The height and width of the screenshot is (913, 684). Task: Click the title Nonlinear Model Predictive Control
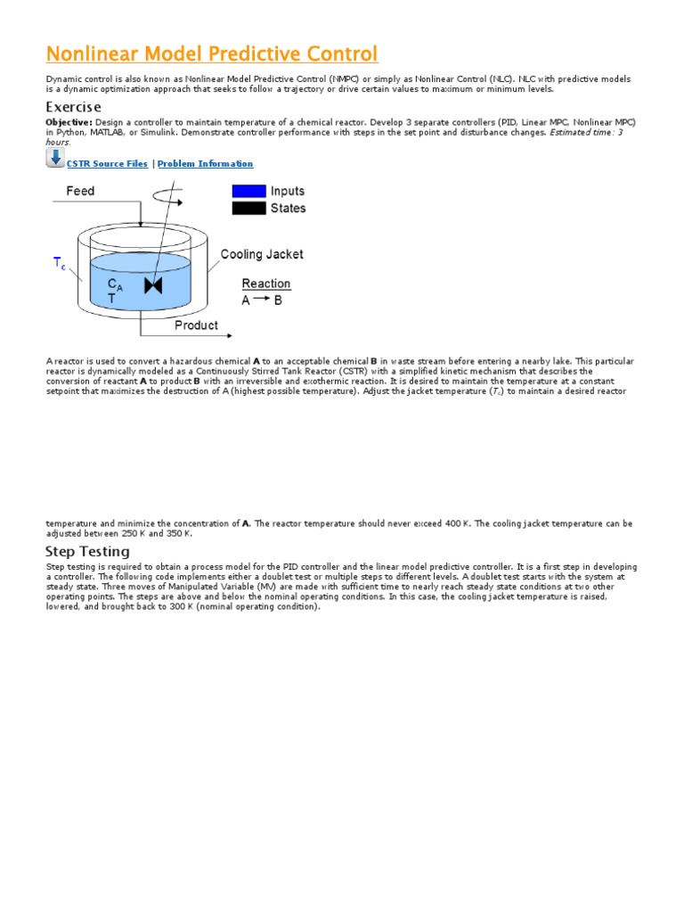(x=212, y=53)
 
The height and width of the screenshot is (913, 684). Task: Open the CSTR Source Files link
(x=107, y=164)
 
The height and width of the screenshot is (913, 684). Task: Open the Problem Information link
(x=205, y=164)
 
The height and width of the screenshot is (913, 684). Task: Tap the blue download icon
(x=55, y=159)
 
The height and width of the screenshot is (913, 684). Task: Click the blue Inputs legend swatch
(x=248, y=191)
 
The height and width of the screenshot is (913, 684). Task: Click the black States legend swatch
(x=248, y=209)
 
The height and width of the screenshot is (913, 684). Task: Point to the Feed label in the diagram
(x=80, y=191)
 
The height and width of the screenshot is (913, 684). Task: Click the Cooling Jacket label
(x=262, y=254)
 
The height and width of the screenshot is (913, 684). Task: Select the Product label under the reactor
(x=196, y=325)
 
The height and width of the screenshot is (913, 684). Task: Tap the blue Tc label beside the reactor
(x=59, y=264)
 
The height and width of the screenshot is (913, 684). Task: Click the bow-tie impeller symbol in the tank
(x=154, y=286)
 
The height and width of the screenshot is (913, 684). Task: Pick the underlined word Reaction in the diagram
(x=266, y=284)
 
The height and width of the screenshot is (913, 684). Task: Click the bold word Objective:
(x=69, y=121)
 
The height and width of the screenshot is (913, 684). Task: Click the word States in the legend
(x=288, y=209)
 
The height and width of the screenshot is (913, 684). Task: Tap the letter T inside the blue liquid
(x=112, y=300)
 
